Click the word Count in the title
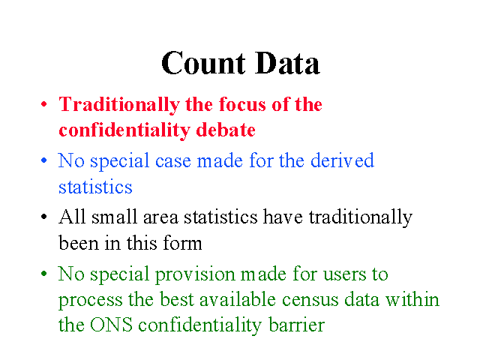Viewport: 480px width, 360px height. pos(203,63)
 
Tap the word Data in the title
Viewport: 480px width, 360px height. pos(287,63)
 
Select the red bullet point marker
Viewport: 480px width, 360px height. pos(44,104)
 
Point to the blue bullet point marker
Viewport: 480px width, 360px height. pos(44,160)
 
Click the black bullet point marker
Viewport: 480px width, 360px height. pos(44,217)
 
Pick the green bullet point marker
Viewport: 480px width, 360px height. pos(44,273)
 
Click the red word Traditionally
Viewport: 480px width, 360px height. pos(119,105)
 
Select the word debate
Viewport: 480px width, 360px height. pos(226,130)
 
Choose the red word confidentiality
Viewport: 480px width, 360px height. pos(124,130)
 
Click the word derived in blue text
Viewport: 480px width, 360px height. pos(342,160)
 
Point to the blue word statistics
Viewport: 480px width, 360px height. pos(95,187)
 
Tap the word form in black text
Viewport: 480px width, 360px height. pos(182,243)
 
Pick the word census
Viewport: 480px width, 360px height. pos(310,300)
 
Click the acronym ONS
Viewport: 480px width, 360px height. pos(111,325)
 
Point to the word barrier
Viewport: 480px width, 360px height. pos(297,325)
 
